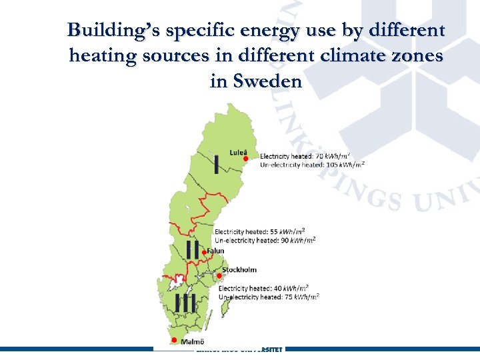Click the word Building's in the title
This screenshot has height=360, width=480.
pos(113,30)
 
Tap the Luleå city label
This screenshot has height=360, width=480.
pos(238,151)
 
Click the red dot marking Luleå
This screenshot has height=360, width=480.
pos(245,159)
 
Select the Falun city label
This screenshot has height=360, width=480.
pos(215,251)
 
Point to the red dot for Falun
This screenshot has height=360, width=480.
pos(204,253)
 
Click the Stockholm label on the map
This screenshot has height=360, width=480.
pos(239,270)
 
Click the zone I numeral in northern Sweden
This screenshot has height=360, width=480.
pos(217,163)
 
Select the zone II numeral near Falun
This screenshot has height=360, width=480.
pos(193,249)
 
